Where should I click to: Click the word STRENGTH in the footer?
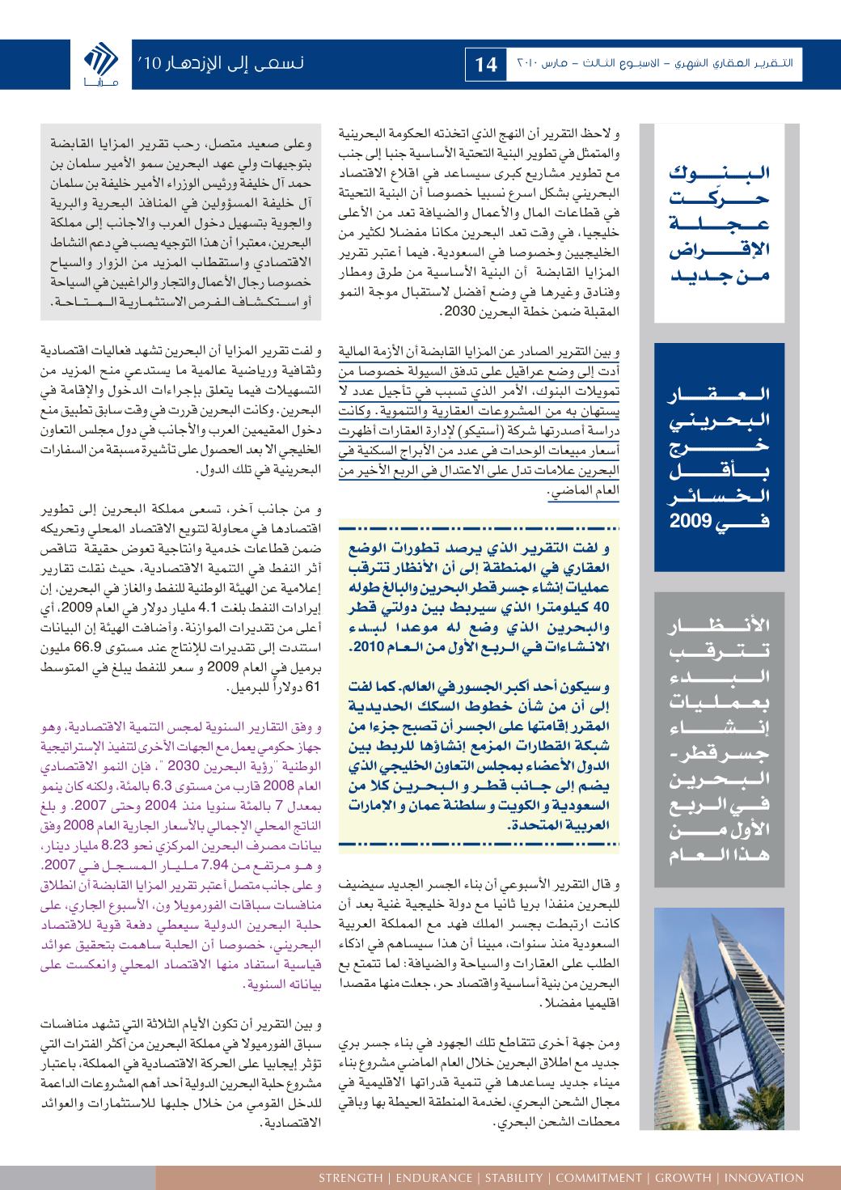click(x=350, y=1177)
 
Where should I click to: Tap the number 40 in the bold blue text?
click(x=603, y=605)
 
